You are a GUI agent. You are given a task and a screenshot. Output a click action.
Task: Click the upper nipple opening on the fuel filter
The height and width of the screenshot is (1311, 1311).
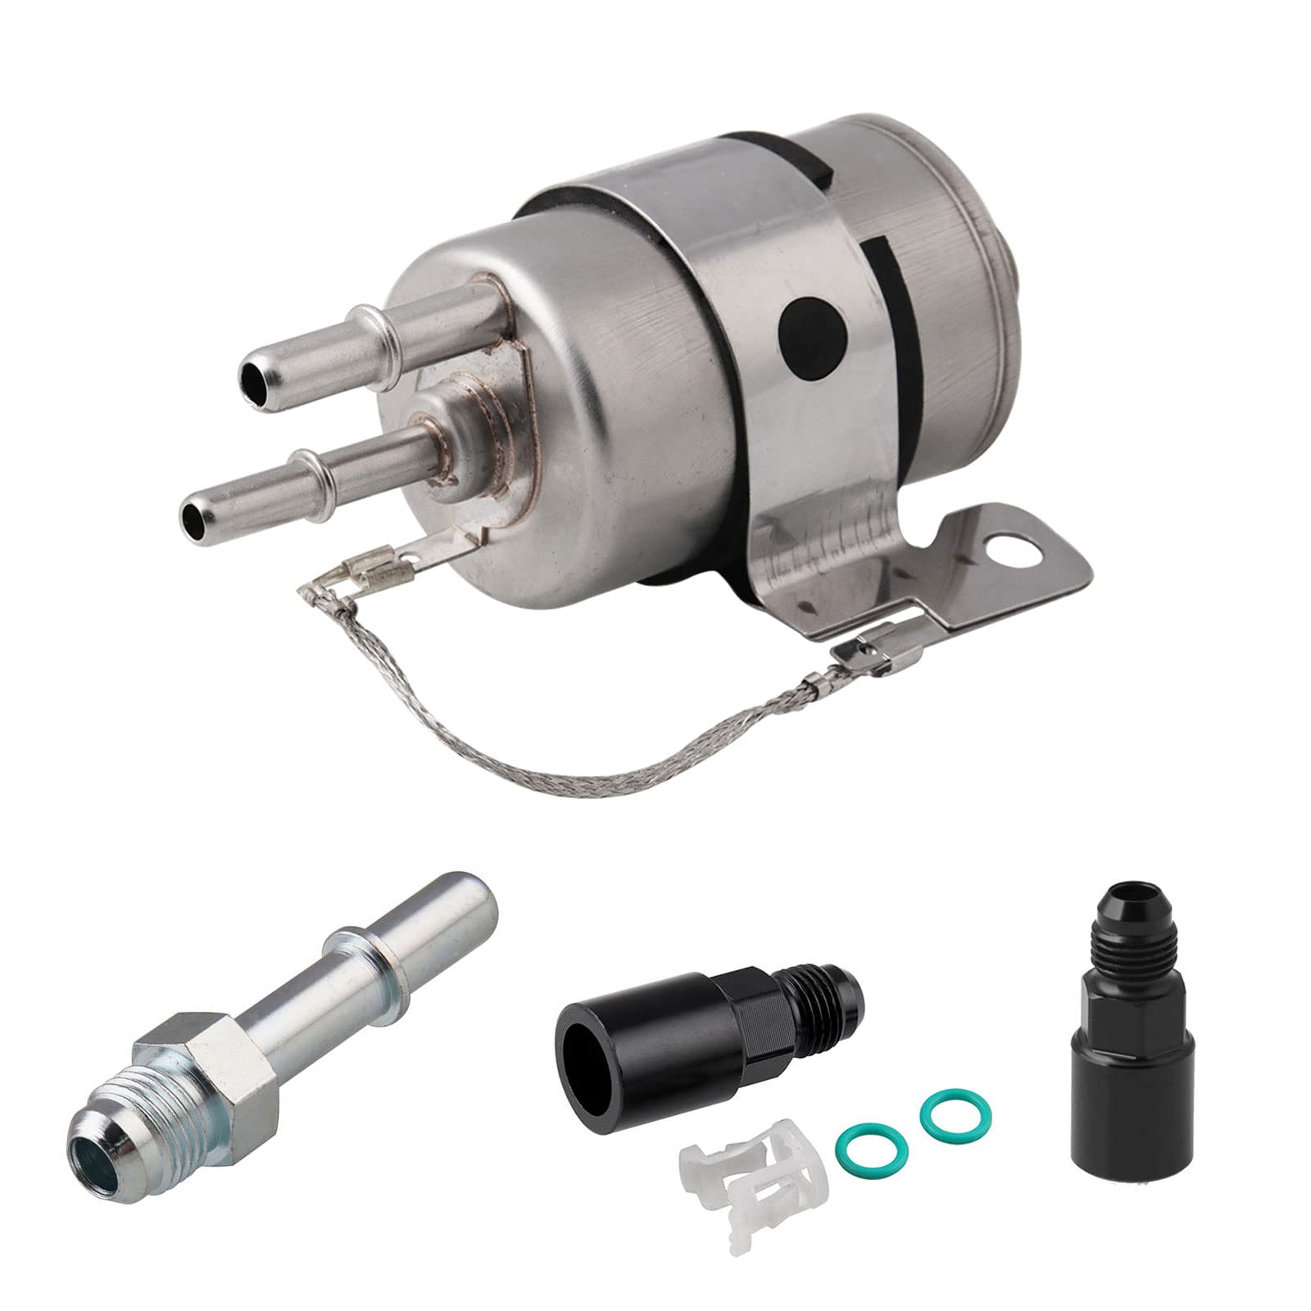click(249, 379)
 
